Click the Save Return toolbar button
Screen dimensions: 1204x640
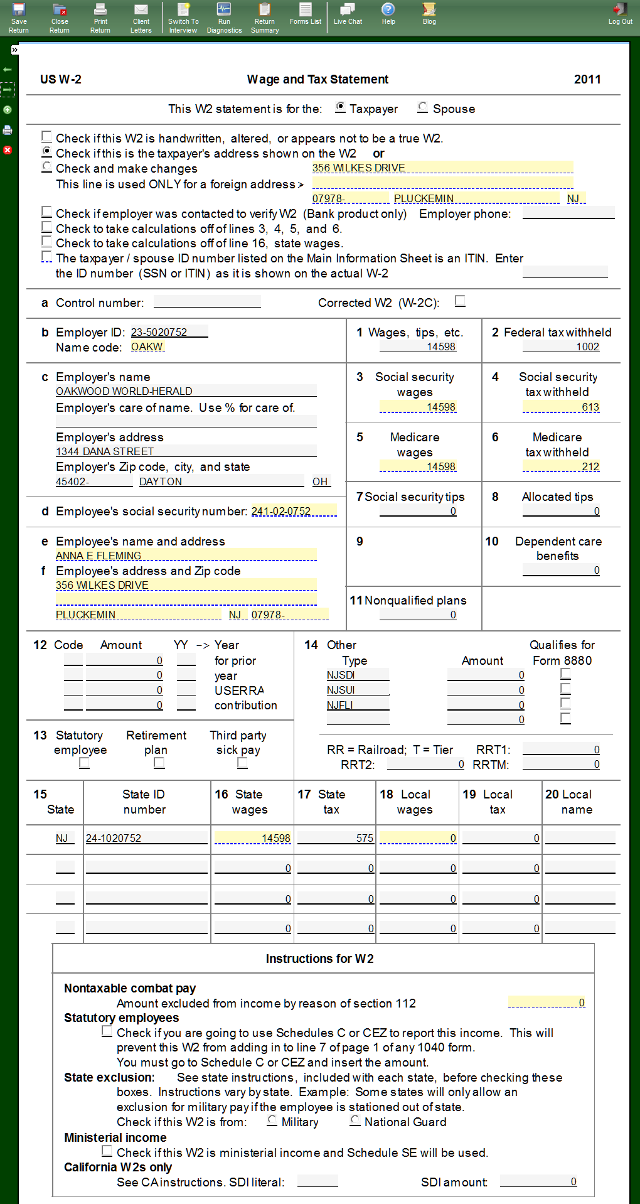click(19, 18)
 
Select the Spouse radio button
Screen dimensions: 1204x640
click(423, 108)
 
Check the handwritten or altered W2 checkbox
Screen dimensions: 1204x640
click(47, 137)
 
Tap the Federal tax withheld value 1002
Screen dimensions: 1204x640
click(561, 347)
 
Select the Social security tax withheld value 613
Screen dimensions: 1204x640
click(561, 407)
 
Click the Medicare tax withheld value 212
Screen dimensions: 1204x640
click(561, 466)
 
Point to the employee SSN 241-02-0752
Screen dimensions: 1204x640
click(294, 511)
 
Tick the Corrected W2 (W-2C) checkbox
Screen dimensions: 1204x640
click(460, 301)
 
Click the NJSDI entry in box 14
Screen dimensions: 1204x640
click(356, 675)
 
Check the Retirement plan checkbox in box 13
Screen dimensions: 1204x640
click(159, 763)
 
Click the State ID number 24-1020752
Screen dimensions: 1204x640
click(146, 838)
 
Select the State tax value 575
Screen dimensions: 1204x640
click(335, 838)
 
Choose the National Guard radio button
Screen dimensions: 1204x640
click(355, 1121)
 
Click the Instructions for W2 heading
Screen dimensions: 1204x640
click(319, 959)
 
